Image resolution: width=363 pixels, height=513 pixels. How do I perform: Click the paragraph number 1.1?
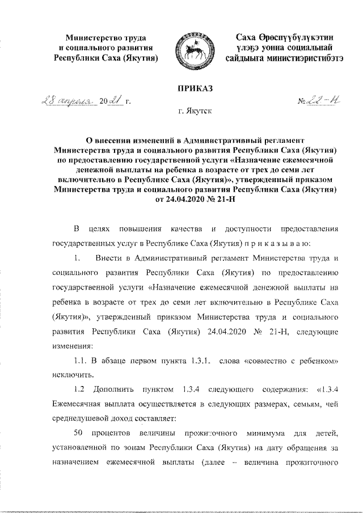pyautogui.click(x=79, y=361)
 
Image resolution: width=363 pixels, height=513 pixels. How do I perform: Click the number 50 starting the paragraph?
pyautogui.click(x=79, y=434)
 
